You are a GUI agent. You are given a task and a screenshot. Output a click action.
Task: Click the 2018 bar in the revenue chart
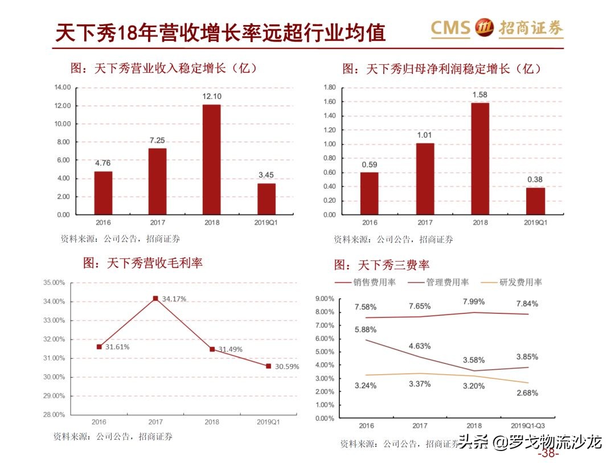pyautogui.click(x=211, y=160)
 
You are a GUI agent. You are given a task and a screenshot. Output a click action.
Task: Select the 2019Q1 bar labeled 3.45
pyautogui.click(x=266, y=199)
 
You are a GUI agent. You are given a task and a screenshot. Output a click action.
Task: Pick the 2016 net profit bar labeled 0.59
pyautogui.click(x=369, y=193)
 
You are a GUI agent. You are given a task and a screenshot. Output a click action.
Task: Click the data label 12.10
pyautogui.click(x=211, y=96)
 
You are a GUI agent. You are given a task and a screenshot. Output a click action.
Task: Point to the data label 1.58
pyautogui.click(x=479, y=94)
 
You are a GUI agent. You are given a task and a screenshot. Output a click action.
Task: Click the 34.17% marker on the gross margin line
pyautogui.click(x=155, y=298)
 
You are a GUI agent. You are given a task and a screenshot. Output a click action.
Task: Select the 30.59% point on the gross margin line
pyautogui.click(x=268, y=366)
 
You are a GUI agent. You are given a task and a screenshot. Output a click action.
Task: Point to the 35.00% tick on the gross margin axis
pyautogui.click(x=54, y=283)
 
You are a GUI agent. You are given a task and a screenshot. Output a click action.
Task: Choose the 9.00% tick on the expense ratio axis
pyautogui.click(x=324, y=299)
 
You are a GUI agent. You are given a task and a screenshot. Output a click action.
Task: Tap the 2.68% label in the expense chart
pyautogui.click(x=527, y=392)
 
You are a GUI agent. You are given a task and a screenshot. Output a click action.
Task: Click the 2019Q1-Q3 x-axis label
pyautogui.click(x=528, y=426)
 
